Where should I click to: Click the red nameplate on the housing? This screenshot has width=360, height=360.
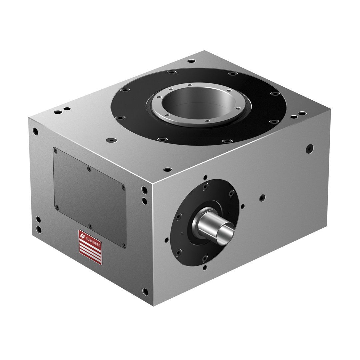(x=90, y=247)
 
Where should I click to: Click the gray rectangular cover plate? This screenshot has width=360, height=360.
(x=89, y=197)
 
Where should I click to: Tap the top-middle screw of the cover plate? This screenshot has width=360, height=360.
(x=89, y=169)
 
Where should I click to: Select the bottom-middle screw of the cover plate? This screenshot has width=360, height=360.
(x=90, y=225)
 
